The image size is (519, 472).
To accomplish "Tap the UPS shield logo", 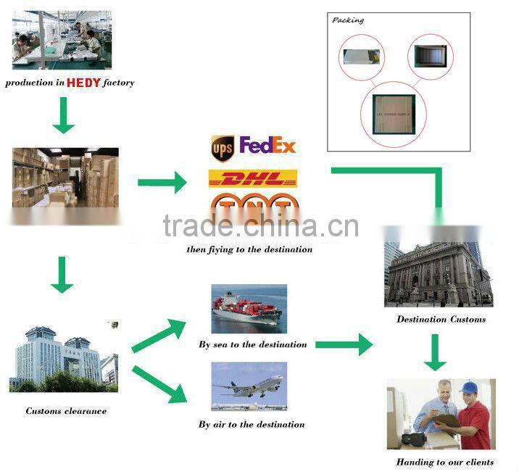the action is point(221,148).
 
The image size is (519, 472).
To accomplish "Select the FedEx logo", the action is point(267,146).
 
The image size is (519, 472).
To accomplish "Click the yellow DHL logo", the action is point(253,178).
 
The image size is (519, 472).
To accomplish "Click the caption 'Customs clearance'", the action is point(66,411).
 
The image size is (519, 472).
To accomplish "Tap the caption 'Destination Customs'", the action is point(441,319).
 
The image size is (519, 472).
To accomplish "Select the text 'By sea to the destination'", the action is point(252,344).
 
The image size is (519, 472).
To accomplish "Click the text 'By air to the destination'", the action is point(252,424).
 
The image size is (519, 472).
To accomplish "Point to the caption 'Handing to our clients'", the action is point(444,462).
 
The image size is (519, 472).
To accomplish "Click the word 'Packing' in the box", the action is point(348,20).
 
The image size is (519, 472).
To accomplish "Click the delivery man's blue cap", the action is point(468,388).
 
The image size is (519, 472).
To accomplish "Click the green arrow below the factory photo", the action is point(64,115).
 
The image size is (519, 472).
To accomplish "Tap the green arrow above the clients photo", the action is point(436,352).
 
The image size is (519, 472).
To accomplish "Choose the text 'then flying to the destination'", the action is point(249,249).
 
